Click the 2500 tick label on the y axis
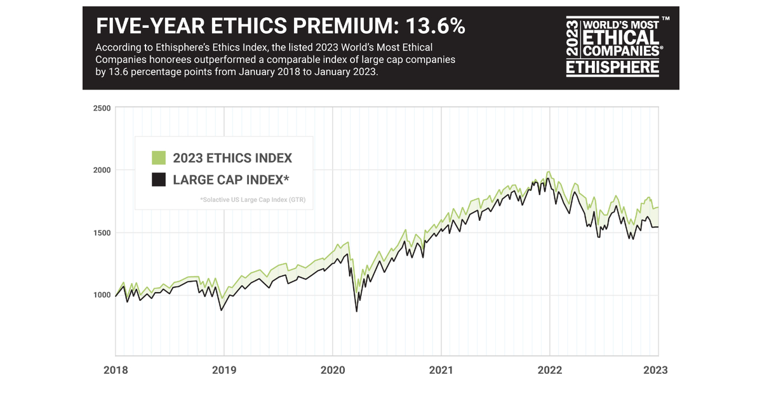pyautogui.click(x=102, y=108)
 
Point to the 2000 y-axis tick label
pyautogui.click(x=102, y=170)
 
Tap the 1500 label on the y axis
pyautogui.click(x=102, y=233)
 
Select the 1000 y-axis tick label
pyautogui.click(x=102, y=295)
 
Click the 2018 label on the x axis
pyautogui.click(x=115, y=371)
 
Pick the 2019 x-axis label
pyautogui.click(x=224, y=371)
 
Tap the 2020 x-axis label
pyautogui.click(x=332, y=371)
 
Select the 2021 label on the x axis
pyautogui.click(x=441, y=371)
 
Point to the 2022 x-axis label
pyautogui.click(x=549, y=371)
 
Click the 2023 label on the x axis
pyautogui.click(x=655, y=371)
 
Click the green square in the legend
pyautogui.click(x=159, y=158)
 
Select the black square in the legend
pyautogui.click(x=159, y=180)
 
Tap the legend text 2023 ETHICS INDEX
pyautogui.click(x=232, y=158)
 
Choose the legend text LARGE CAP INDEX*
pyautogui.click(x=231, y=180)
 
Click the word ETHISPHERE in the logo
pyautogui.click(x=612, y=67)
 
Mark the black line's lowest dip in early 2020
pyautogui.click(x=356, y=311)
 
